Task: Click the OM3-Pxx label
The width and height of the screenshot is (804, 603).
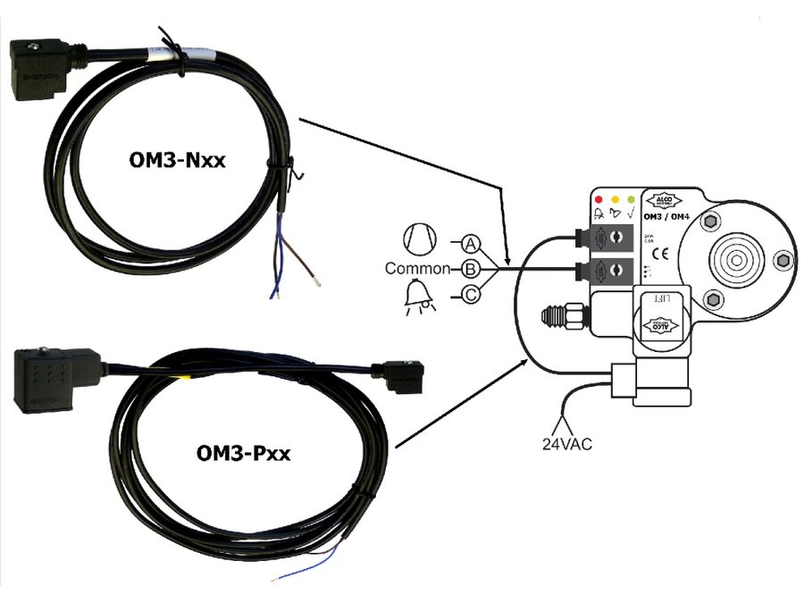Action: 244,454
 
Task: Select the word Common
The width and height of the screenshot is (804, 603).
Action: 416,268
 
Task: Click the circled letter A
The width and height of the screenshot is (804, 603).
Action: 472,243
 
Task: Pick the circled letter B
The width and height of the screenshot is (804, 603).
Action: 472,268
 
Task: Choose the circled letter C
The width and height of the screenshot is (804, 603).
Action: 472,294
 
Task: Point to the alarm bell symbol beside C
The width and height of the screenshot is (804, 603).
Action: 417,296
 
